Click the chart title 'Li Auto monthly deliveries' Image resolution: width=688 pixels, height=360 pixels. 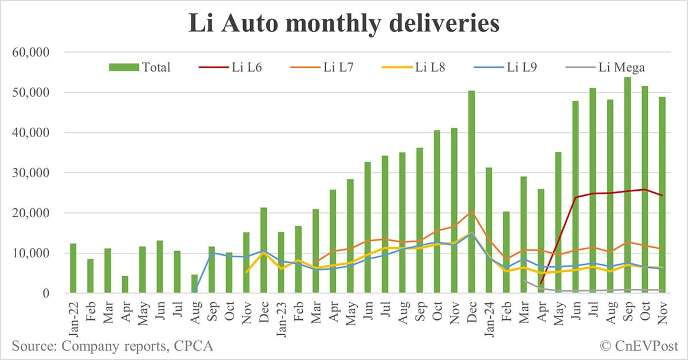point(344,24)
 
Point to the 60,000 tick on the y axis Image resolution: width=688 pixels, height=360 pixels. point(32,53)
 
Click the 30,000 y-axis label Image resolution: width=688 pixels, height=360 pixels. point(32,173)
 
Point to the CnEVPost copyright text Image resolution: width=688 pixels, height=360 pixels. point(639,346)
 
